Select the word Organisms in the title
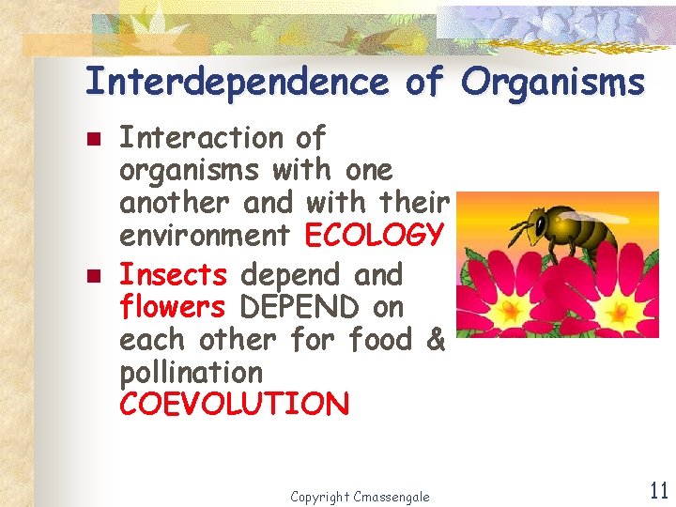554,83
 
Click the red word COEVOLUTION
234,405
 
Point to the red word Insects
173,275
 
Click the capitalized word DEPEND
300,308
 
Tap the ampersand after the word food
435,340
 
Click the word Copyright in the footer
319,497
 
